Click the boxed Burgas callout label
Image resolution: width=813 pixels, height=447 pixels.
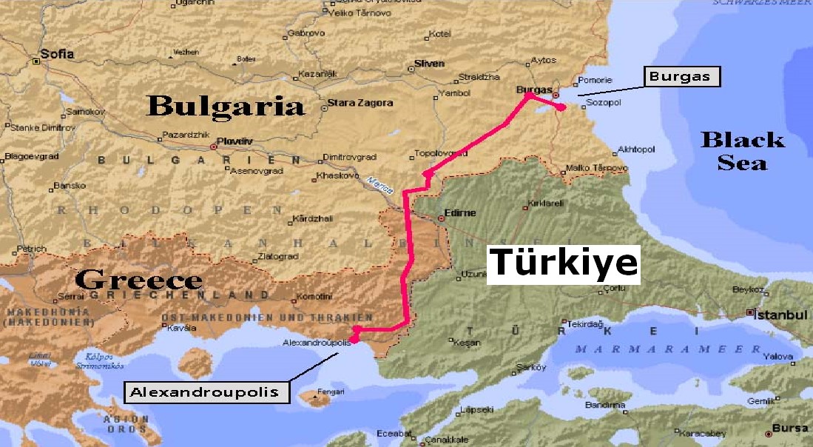683,77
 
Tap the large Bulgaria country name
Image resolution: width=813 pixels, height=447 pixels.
226,105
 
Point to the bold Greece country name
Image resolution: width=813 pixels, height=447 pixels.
138,279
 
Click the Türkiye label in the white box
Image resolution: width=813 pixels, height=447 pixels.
563,262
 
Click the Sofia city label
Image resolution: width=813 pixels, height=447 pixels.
58,54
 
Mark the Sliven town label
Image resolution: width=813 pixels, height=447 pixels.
429,64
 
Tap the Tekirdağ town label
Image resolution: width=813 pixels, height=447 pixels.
587,324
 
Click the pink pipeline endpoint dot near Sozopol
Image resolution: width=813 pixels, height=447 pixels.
561,108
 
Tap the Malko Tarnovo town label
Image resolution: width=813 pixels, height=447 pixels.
596,168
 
